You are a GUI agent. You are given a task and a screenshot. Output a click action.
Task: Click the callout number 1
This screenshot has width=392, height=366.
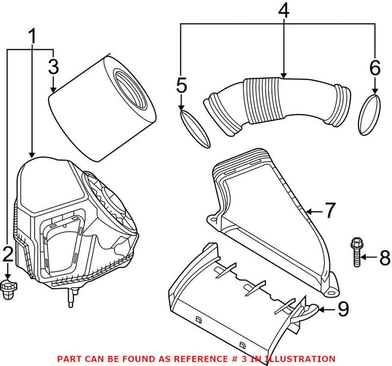click(x=32, y=36)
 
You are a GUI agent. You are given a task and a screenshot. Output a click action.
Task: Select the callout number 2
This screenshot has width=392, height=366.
click(x=8, y=253)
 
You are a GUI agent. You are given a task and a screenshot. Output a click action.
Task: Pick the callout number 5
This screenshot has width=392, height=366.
click(x=181, y=85)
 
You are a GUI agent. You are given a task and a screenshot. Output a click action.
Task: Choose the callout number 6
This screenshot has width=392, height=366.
click(x=375, y=68)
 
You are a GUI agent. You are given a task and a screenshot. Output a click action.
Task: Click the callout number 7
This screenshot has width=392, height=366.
click(x=330, y=210)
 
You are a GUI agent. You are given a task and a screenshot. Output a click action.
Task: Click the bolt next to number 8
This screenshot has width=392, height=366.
click(x=356, y=252)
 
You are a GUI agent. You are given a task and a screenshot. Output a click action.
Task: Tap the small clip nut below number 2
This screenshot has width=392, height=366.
click(x=8, y=289)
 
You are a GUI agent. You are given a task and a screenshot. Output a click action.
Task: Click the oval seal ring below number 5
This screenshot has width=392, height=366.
click(x=195, y=129)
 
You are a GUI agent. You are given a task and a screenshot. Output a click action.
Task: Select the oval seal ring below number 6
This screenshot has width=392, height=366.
click(x=369, y=115)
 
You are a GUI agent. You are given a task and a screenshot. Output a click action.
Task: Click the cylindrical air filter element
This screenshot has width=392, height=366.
click(x=102, y=108)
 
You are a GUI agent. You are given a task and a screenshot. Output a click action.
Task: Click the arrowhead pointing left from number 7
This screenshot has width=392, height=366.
click(x=309, y=212)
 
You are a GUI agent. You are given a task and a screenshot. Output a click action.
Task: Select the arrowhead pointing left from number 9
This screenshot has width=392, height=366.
click(x=322, y=310)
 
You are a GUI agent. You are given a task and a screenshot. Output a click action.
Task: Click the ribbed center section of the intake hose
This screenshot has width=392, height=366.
click(x=264, y=100)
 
